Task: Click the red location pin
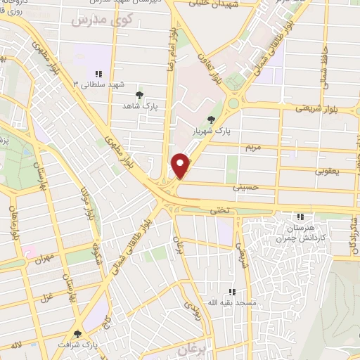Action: coord(181,165)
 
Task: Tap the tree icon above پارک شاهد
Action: coord(140,94)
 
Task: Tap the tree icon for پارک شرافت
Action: coord(77,334)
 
